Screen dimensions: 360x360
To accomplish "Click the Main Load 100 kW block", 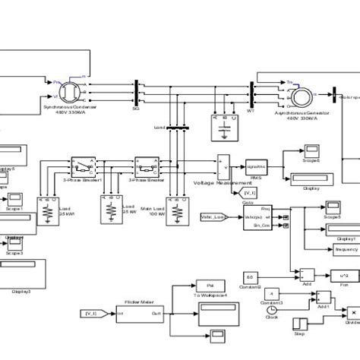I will [177, 207].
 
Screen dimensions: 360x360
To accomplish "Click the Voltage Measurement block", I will [223, 166].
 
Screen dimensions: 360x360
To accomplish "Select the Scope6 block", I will [292, 157].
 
